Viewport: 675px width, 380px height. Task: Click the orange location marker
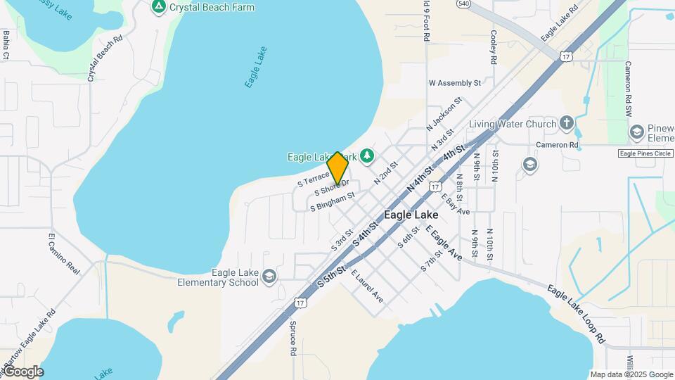(x=337, y=168)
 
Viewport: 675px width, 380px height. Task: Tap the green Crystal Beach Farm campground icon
(x=159, y=7)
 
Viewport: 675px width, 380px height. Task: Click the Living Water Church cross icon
(x=567, y=124)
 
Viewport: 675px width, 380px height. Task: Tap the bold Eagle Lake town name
(x=411, y=215)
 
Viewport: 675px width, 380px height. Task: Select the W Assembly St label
(x=454, y=82)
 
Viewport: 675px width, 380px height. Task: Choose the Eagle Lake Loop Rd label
(x=577, y=313)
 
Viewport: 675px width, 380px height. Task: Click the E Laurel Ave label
(x=367, y=286)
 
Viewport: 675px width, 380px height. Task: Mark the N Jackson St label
(x=444, y=113)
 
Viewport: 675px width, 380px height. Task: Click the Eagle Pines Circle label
(x=645, y=153)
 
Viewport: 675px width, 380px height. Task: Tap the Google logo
(x=22, y=371)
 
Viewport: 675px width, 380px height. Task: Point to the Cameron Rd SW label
(x=629, y=89)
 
